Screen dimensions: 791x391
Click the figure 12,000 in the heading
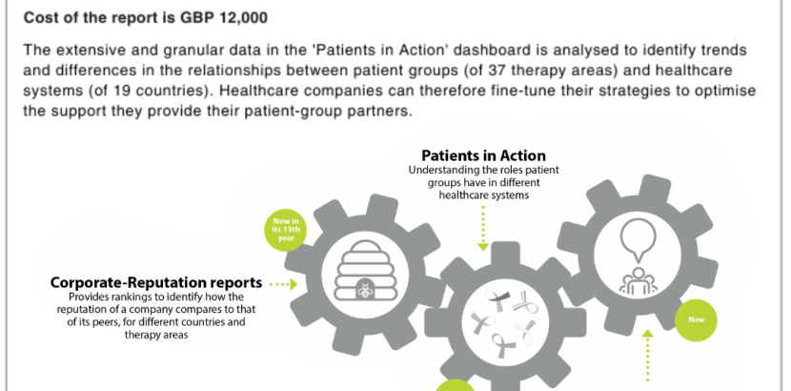[x=244, y=18]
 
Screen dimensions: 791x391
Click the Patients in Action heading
[x=483, y=154]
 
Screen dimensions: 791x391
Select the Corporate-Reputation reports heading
[x=156, y=282]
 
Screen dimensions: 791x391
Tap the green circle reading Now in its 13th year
[x=286, y=230]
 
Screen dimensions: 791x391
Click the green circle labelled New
[x=696, y=319]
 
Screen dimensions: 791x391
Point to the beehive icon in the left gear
[x=367, y=271]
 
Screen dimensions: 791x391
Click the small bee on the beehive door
[x=364, y=290]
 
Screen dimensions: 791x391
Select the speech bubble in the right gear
[x=639, y=240]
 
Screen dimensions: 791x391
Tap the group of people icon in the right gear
[x=639, y=280]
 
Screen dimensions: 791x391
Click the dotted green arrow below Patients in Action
[x=483, y=229]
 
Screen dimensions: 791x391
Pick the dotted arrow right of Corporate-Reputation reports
[x=283, y=284]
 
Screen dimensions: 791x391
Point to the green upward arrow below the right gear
[x=647, y=355]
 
